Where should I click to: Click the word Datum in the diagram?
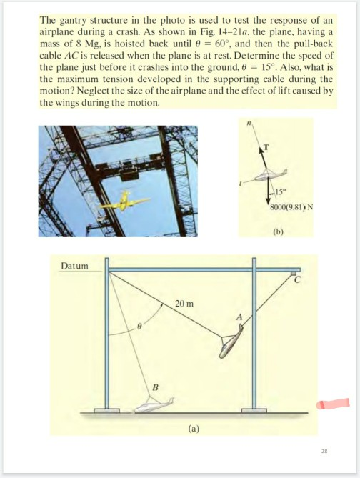[73, 266]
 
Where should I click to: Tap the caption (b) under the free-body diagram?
[277, 231]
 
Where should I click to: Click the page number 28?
[325, 451]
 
